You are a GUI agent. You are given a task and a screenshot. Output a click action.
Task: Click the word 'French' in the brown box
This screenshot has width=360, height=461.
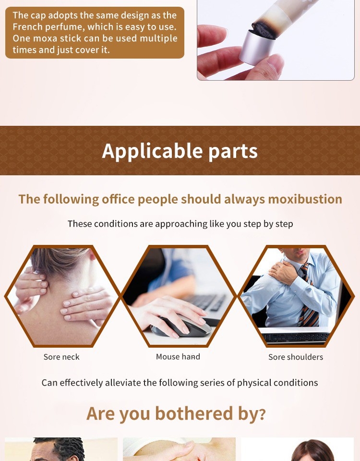tap(27, 27)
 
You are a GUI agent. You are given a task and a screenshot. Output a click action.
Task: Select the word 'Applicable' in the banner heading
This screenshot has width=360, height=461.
tap(152, 151)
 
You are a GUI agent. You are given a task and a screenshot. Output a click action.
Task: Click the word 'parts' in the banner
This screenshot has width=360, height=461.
tap(233, 151)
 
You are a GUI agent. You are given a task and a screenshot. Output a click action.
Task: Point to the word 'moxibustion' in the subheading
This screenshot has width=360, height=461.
tap(305, 199)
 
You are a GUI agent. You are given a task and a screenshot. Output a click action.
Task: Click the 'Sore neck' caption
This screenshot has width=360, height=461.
tap(61, 357)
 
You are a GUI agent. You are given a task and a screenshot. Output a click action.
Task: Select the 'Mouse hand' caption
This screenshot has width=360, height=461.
tap(178, 357)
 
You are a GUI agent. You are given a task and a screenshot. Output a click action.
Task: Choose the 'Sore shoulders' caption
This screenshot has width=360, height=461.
tap(296, 357)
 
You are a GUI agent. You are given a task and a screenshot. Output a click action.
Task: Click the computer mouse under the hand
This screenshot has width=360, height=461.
tap(181, 327)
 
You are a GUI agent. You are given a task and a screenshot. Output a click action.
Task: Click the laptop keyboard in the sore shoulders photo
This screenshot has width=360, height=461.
tap(295, 337)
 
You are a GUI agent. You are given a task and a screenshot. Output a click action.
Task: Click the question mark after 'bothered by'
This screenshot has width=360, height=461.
tap(263, 414)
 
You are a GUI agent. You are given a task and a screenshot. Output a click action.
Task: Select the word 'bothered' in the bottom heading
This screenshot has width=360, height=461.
tap(194, 413)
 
